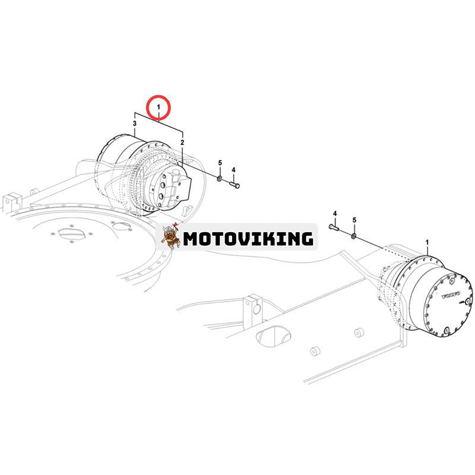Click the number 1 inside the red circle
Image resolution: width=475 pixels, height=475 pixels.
(x=159, y=108)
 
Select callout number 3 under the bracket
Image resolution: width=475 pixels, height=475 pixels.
(x=135, y=123)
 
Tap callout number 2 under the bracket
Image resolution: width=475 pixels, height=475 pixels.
(x=182, y=142)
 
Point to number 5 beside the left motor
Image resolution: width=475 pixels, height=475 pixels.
(x=220, y=163)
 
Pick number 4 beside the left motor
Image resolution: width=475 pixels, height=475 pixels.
(x=233, y=170)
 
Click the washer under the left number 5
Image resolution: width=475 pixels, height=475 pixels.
(x=220, y=178)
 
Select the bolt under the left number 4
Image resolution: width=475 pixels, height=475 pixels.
(x=235, y=186)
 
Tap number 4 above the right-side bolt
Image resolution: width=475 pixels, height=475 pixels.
(x=335, y=213)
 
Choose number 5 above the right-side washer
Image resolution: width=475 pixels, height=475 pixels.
(x=354, y=220)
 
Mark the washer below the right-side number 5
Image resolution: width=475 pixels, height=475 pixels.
(x=354, y=236)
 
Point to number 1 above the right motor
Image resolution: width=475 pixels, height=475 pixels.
(x=427, y=242)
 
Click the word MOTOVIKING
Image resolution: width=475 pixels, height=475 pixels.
(x=248, y=239)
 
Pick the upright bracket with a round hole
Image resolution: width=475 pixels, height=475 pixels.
(x=254, y=306)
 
